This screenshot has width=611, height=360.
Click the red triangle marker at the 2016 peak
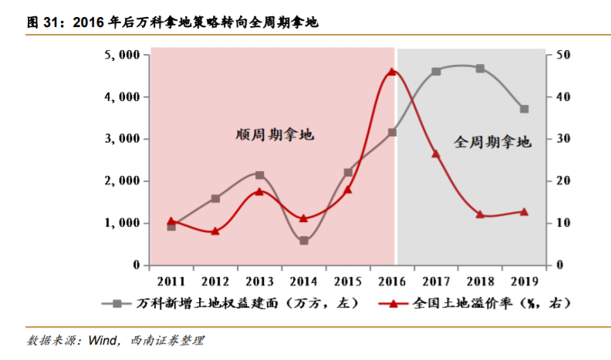pos(391,72)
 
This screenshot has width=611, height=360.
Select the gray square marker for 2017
pos(436,72)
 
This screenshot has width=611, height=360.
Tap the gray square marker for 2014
pos(304,241)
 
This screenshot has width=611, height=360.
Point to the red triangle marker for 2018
pos(480,214)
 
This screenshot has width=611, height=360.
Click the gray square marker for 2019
pos(524,109)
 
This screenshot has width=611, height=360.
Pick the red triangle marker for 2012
pos(215,230)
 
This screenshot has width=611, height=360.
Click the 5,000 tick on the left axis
pos(123,56)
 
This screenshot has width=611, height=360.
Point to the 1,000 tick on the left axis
pos(123,223)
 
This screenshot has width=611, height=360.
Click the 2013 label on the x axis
pos(259,279)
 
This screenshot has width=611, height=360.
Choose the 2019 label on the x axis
pos(524,279)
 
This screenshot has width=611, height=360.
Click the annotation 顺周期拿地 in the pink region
pos(275,135)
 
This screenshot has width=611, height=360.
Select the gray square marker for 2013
pos(259,175)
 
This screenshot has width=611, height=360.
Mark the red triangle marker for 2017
pos(436,154)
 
